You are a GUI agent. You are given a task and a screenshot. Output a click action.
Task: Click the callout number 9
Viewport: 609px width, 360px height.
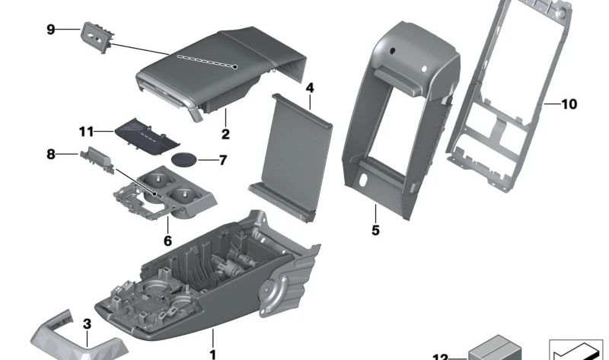pyautogui.click(x=51, y=30)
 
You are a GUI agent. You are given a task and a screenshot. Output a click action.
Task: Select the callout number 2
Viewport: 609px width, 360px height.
pyautogui.click(x=225, y=135)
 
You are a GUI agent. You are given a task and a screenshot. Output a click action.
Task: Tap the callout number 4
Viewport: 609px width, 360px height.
pyautogui.click(x=310, y=88)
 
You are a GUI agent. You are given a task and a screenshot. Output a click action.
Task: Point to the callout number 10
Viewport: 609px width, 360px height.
pyautogui.click(x=569, y=104)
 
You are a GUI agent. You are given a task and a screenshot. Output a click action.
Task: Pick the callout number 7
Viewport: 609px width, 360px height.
pyautogui.click(x=222, y=160)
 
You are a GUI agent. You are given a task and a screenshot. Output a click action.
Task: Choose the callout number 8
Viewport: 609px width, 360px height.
pyautogui.click(x=51, y=155)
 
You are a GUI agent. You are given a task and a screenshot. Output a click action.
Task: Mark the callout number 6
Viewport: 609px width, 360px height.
pyautogui.click(x=167, y=241)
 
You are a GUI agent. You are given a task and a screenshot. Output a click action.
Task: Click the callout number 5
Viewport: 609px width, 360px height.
pyautogui.click(x=375, y=228)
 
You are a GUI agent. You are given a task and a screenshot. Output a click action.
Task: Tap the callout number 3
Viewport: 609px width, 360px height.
pyautogui.click(x=87, y=324)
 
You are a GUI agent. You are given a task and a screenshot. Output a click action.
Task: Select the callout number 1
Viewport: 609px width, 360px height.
pyautogui.click(x=213, y=353)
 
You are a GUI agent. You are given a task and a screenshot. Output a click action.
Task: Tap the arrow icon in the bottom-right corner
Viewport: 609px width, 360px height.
pyautogui.click(x=576, y=350)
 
